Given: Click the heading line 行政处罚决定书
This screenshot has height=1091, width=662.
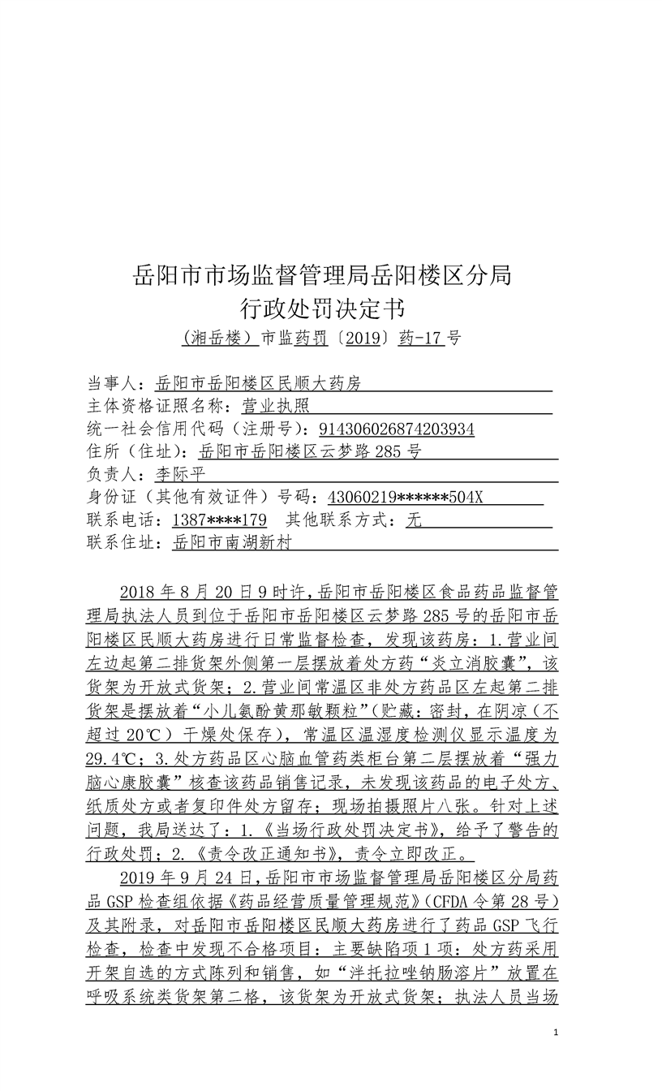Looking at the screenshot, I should pos(322,308).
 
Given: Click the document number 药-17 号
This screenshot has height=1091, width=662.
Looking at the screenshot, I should pos(429,339).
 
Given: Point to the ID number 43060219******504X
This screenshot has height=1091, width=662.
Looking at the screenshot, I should pos(405,497).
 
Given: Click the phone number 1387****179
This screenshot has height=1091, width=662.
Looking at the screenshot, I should pos(221,520).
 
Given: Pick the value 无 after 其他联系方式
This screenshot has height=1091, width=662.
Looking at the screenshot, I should pos(414,520).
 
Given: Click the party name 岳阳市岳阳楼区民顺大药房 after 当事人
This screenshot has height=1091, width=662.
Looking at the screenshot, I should pos(258,383).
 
